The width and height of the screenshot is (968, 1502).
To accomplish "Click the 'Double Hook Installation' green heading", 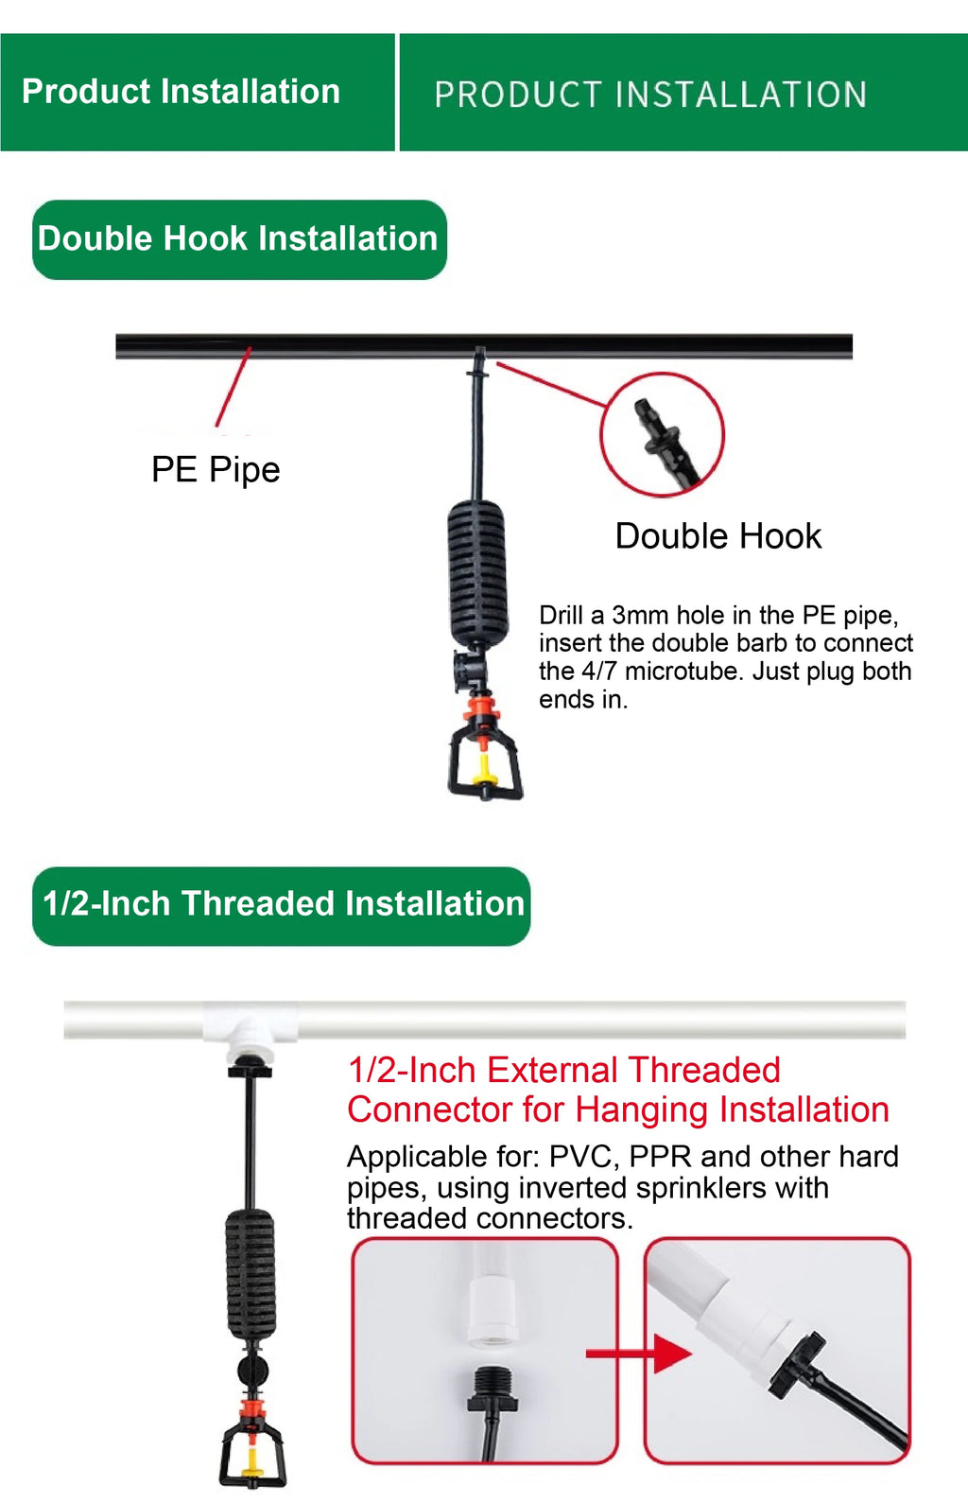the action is (239, 239).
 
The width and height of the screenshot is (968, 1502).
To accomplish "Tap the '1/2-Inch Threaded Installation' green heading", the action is (282, 906).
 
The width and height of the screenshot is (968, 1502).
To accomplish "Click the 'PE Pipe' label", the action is (216, 469).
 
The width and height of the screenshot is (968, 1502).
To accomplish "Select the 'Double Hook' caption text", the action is (717, 535).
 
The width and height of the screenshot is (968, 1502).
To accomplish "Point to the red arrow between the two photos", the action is (639, 1354).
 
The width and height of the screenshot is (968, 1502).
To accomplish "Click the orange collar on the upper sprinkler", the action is (480, 707).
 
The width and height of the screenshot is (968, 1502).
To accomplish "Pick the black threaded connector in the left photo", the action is (493, 1384).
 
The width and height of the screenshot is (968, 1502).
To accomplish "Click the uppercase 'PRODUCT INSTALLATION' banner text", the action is (650, 95).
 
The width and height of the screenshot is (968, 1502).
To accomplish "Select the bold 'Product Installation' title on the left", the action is (181, 91).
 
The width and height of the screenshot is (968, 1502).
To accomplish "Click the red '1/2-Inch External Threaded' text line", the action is (564, 1070).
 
